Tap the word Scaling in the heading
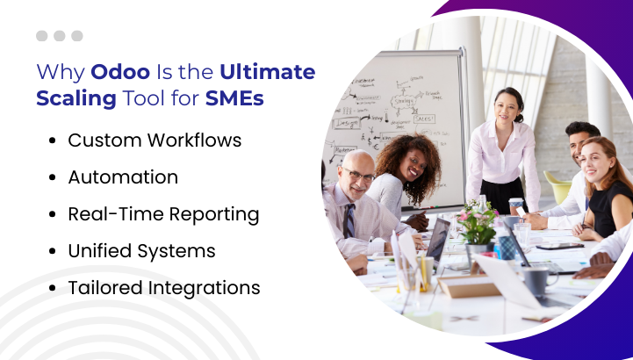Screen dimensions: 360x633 76,97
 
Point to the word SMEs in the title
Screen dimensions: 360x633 234,97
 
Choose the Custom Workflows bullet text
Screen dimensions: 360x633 155,140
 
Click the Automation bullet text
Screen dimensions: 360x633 123,176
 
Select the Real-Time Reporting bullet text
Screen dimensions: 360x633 163,213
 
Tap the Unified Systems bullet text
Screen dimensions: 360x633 141,250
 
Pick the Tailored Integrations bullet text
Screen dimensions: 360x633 164,287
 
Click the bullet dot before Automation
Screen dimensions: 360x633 53,177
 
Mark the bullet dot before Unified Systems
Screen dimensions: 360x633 53,251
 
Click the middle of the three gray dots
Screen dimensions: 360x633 60,36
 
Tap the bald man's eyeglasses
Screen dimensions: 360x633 359,175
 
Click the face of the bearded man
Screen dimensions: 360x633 581,144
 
